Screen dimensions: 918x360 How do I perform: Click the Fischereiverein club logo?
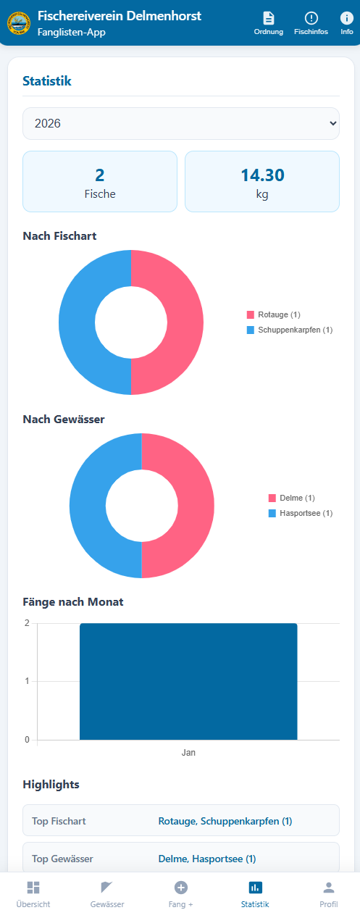[18, 23]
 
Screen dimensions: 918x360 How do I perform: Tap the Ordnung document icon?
[269, 18]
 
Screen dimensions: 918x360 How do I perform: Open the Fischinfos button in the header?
[311, 23]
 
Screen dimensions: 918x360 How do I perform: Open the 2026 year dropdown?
[180, 123]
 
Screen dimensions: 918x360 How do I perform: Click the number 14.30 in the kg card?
[262, 175]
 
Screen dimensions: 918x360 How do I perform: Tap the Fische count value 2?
[100, 175]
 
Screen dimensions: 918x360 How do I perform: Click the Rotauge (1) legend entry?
[274, 314]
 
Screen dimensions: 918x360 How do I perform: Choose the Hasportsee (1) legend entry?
[300, 513]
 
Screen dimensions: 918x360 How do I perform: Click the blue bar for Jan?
[188, 681]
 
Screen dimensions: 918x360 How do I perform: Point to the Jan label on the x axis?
[188, 753]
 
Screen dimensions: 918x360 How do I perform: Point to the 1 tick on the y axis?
[27, 681]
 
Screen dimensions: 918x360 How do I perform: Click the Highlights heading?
[51, 784]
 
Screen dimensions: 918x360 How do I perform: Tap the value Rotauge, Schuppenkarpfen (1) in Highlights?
[225, 821]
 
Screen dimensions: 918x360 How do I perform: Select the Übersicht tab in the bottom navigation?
[33, 894]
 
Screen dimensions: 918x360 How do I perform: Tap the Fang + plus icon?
[181, 888]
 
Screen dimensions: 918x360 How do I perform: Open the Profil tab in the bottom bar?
[329, 894]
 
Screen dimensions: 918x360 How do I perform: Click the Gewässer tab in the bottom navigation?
[107, 894]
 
